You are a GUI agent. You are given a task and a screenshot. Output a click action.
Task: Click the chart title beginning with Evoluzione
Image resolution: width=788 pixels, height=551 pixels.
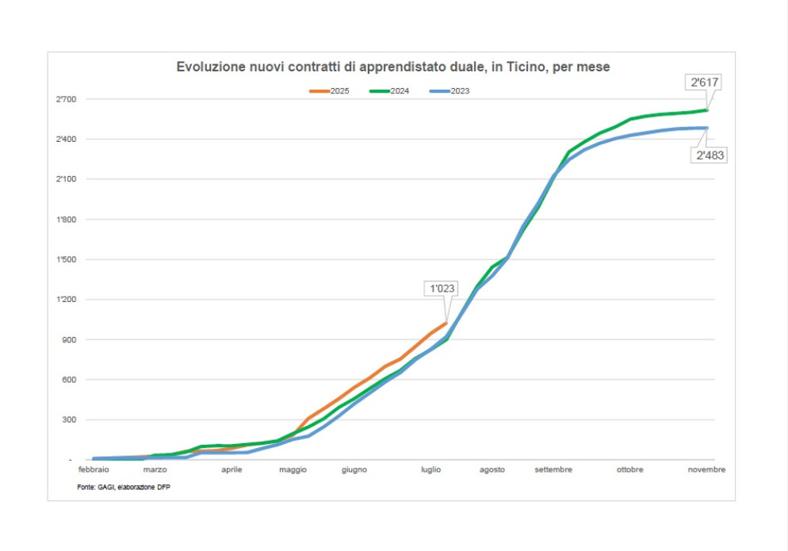click(392, 67)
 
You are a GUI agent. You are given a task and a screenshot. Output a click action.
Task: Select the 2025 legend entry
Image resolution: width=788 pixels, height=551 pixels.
click(329, 91)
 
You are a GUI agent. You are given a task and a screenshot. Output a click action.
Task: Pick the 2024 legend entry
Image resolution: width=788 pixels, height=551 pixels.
click(389, 91)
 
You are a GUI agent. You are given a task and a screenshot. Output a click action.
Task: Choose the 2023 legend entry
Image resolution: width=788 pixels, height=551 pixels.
click(449, 91)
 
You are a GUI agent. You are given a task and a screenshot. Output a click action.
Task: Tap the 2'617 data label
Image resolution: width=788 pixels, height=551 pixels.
click(704, 82)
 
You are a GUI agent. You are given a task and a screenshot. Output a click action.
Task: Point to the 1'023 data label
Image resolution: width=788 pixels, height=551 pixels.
click(442, 289)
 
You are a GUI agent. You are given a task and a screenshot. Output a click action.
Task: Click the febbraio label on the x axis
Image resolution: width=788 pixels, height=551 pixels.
click(94, 470)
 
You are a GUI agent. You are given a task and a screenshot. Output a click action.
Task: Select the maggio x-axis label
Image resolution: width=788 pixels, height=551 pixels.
click(293, 470)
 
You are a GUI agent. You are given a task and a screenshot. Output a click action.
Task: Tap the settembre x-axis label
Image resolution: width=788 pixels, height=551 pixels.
click(553, 470)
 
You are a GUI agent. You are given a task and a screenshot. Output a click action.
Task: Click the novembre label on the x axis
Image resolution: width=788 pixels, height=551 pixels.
click(706, 470)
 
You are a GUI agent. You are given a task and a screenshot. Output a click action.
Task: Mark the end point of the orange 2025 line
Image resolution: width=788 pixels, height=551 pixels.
click(446, 323)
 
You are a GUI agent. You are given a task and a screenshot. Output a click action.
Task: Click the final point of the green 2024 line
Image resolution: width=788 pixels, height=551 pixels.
click(706, 110)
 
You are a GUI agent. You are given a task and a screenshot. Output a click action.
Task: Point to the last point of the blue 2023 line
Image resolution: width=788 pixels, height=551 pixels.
click(706, 128)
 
